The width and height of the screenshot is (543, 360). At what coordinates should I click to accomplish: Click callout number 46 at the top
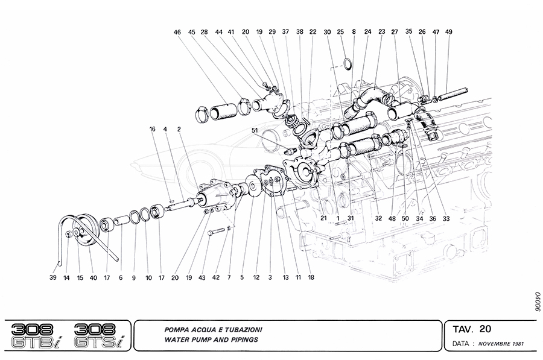coord(176,32)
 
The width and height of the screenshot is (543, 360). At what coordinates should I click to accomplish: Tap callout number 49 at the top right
coord(448,32)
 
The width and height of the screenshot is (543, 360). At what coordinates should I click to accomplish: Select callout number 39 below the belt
coord(52,278)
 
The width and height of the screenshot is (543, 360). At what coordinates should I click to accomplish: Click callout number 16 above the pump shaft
coord(153,129)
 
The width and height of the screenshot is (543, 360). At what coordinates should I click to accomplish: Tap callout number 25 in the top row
coord(340,32)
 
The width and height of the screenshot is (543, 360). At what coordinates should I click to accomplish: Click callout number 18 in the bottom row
coord(312,278)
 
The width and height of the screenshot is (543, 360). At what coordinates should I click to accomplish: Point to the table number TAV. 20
coord(474,329)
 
